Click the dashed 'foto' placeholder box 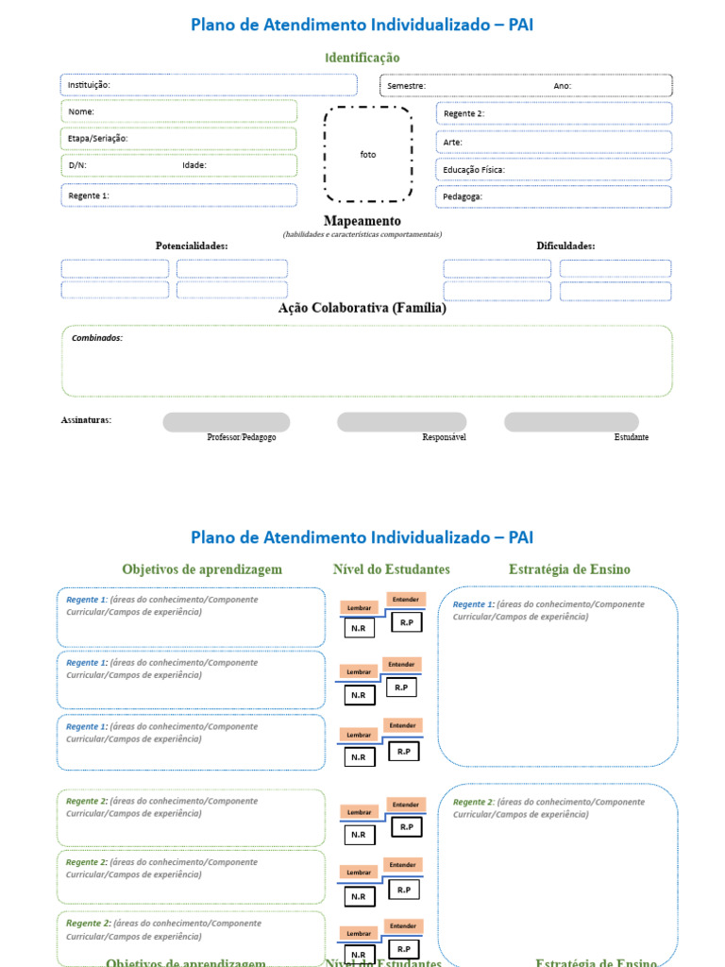(x=368, y=154)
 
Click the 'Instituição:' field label (x=89, y=85)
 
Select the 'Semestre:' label (x=406, y=86)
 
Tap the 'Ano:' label (x=563, y=86)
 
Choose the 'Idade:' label (x=194, y=165)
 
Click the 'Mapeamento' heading (x=362, y=221)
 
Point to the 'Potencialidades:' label (x=192, y=246)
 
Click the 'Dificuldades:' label (x=565, y=246)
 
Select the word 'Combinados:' (x=97, y=338)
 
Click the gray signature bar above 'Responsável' (x=401, y=422)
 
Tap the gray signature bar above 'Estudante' (x=571, y=422)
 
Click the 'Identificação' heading (x=362, y=58)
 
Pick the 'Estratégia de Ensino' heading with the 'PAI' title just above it (x=569, y=569)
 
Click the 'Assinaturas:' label (x=86, y=419)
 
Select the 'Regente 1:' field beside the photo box (x=179, y=195)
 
